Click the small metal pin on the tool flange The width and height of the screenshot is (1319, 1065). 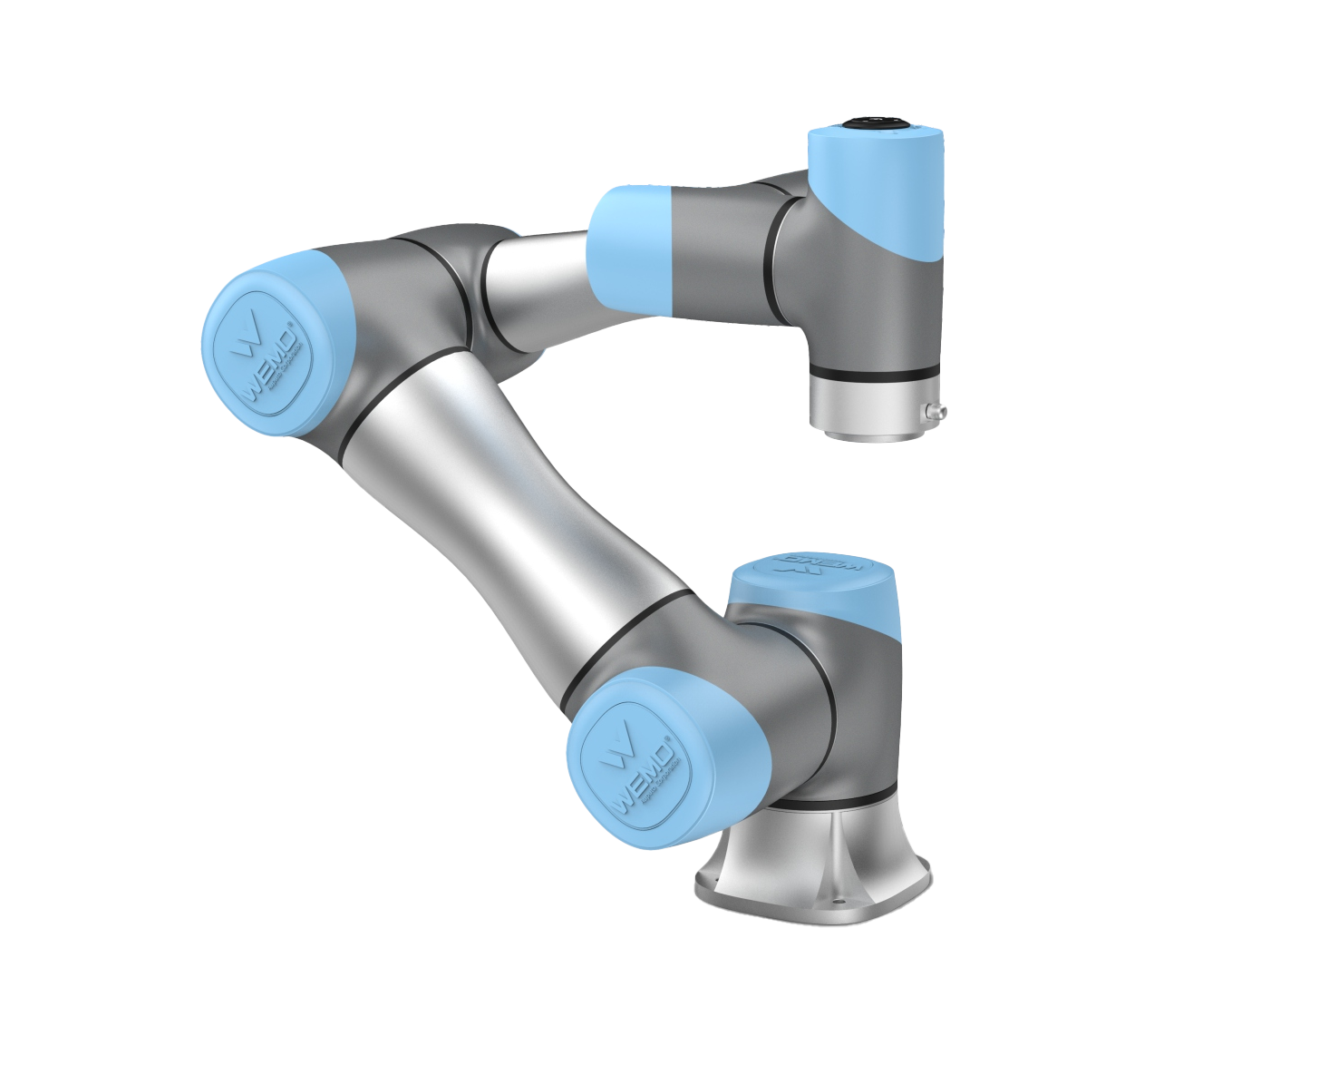tap(935, 413)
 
